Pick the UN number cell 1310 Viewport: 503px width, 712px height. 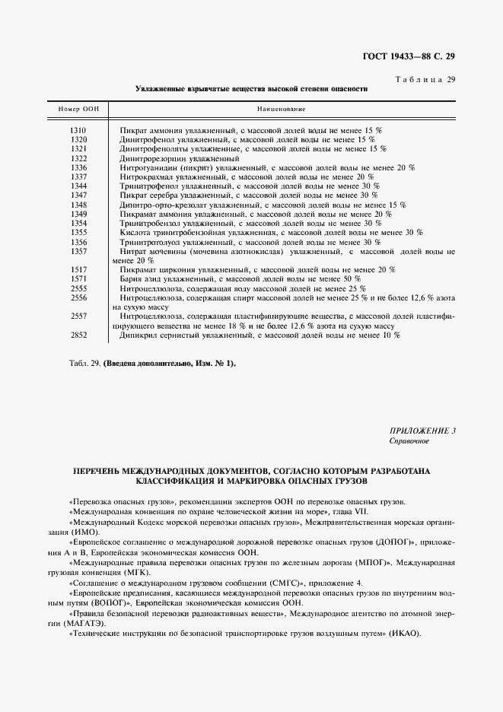[x=78, y=131]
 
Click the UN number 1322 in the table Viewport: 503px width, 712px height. [x=78, y=157]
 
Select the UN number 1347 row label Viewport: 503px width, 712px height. [x=78, y=195]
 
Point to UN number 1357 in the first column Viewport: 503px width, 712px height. [x=78, y=251]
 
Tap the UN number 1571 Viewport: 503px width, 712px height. [x=78, y=279]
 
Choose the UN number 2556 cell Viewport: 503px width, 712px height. [x=78, y=297]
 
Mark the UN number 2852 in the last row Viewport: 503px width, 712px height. [x=78, y=335]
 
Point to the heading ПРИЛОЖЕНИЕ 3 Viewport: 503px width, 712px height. [x=422, y=431]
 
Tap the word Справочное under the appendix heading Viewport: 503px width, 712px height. [x=409, y=440]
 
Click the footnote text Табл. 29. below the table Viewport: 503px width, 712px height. [x=84, y=363]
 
